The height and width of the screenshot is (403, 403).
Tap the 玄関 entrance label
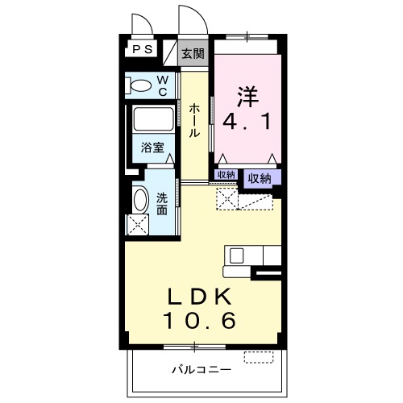[x=191, y=55]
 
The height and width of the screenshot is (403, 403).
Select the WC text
[x=162, y=85]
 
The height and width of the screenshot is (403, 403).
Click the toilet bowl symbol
[x=140, y=86]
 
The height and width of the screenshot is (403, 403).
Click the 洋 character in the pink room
[x=247, y=96]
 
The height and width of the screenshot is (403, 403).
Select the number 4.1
[x=247, y=123]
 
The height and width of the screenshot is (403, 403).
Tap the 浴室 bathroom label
[x=153, y=148]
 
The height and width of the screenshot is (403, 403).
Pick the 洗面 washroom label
[x=162, y=203]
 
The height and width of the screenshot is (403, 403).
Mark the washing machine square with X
[x=138, y=223]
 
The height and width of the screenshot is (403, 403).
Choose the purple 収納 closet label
[x=259, y=178]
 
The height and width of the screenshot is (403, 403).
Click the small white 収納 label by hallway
[x=226, y=175]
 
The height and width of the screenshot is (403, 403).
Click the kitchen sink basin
[x=236, y=256]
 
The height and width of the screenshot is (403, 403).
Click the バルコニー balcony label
[x=201, y=370]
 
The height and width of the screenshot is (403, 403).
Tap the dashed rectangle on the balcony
[x=259, y=355]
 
